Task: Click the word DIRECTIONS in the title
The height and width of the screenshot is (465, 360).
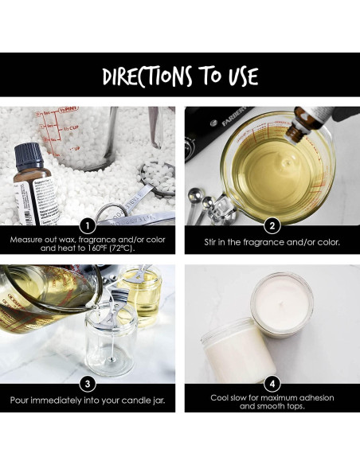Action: click(147, 76)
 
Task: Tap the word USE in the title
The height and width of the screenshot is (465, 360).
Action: click(243, 76)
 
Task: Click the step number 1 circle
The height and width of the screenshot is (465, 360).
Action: click(88, 226)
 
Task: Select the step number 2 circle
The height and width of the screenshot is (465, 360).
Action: click(272, 226)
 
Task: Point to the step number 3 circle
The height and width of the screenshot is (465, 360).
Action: click(88, 384)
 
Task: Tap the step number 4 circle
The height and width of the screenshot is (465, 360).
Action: click(272, 384)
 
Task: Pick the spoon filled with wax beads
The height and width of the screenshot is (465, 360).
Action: click(157, 178)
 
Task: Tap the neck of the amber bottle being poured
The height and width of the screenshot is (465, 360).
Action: click(296, 134)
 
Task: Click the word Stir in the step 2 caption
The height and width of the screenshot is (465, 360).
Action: click(210, 242)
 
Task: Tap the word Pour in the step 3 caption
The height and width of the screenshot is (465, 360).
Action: click(19, 401)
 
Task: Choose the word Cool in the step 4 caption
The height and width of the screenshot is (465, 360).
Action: click(219, 397)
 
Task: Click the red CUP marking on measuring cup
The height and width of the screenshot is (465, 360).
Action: click(72, 128)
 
